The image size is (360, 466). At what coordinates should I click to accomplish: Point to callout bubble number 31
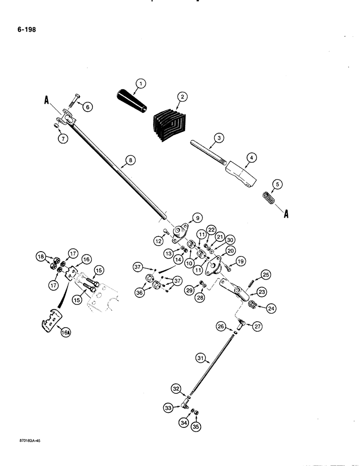[x=201, y=359]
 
